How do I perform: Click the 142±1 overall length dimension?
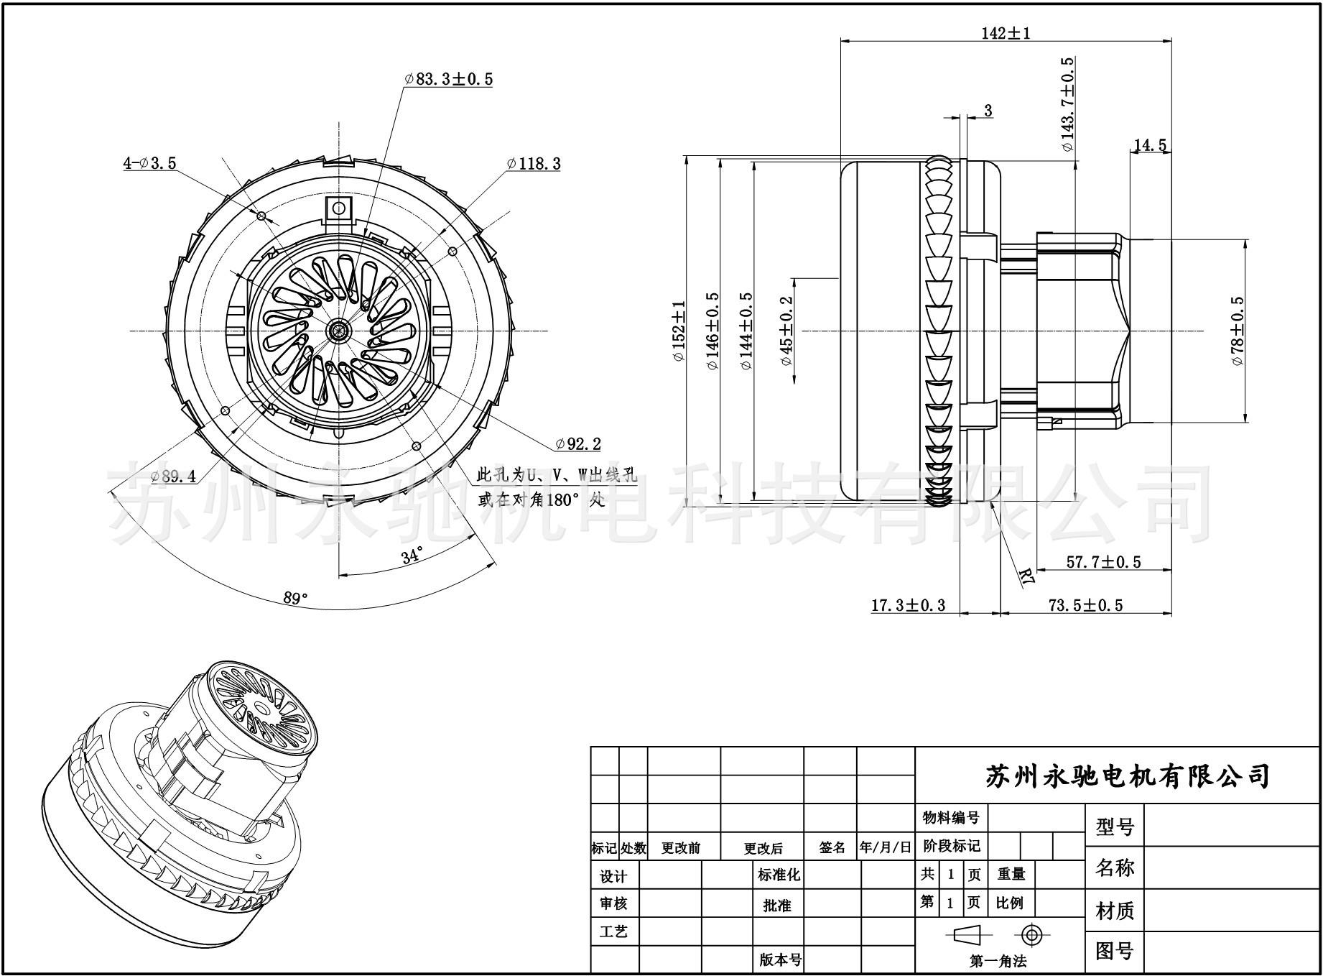pyautogui.click(x=1006, y=33)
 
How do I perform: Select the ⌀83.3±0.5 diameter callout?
pyautogui.click(x=449, y=79)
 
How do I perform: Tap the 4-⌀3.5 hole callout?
pyautogui.click(x=149, y=163)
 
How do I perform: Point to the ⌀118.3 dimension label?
pyautogui.click(x=534, y=164)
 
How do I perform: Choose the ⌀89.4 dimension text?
pyautogui.click(x=173, y=476)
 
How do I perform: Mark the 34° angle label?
pyautogui.click(x=412, y=556)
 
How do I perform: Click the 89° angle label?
pyautogui.click(x=295, y=598)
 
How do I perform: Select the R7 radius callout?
pyautogui.click(x=1027, y=575)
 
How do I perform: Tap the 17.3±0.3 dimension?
pyautogui.click(x=908, y=605)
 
